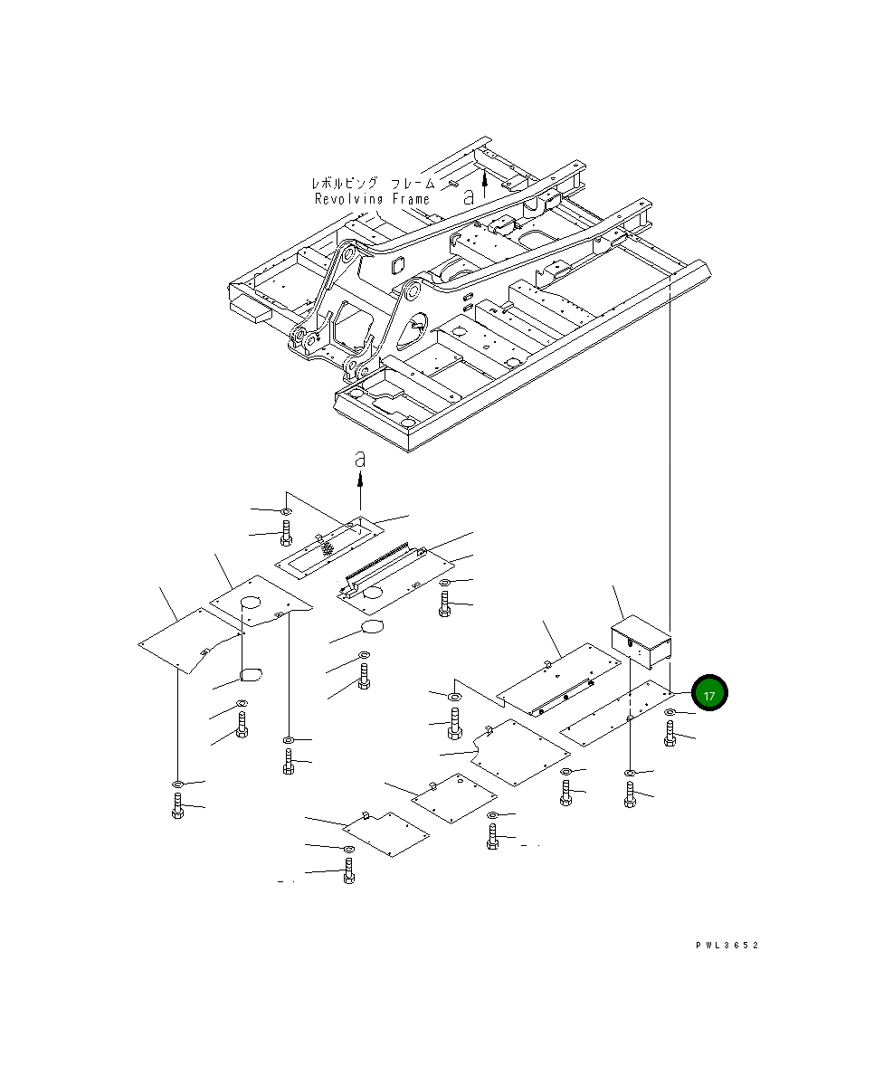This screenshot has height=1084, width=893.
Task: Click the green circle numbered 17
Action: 709,694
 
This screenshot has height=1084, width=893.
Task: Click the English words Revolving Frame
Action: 372,199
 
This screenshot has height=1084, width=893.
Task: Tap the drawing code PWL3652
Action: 727,945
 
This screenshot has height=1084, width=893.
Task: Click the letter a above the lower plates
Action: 360,460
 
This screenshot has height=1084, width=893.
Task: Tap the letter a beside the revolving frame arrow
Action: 468,195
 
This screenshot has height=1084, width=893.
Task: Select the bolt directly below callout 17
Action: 670,734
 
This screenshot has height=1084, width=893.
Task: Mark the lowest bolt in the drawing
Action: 349,875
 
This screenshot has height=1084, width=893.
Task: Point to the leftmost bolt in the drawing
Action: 177,805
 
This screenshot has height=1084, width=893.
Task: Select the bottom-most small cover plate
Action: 385,833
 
